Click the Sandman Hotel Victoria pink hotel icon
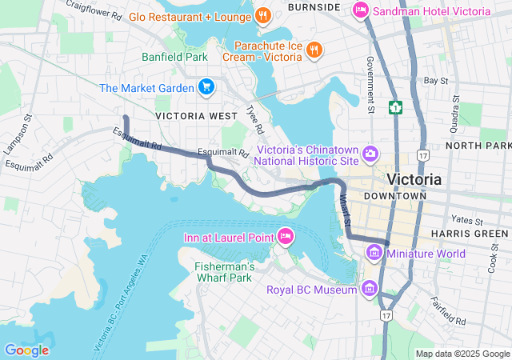click(361, 11)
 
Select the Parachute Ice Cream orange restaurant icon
click(314, 50)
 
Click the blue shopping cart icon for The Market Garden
click(206, 87)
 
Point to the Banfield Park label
click(174, 57)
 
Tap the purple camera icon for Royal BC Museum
click(369, 289)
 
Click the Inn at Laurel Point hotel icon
click(285, 236)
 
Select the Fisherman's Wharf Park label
click(225, 272)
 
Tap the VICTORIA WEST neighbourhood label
click(197, 116)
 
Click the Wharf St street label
click(343, 209)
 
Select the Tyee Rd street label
click(254, 120)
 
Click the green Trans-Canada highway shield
click(395, 107)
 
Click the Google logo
click(26, 350)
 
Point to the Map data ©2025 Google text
click(462, 354)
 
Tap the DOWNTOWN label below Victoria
click(394, 196)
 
